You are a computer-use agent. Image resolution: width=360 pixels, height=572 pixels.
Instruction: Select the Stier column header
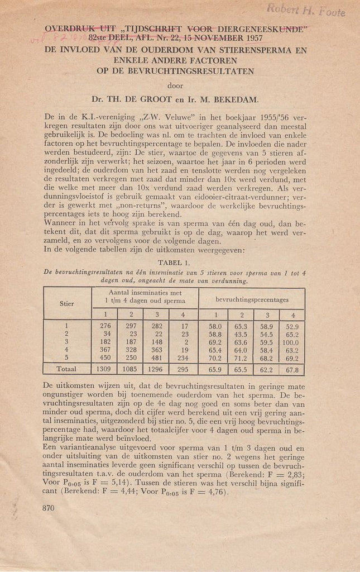pyautogui.click(x=67, y=303)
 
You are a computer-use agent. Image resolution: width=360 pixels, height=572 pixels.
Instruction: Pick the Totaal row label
pyautogui.click(x=66, y=369)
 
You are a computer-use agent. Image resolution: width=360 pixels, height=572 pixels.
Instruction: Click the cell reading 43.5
pyautogui.click(x=241, y=333)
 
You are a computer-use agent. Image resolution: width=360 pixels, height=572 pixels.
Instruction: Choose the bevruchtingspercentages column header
pyautogui.click(x=252, y=299)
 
